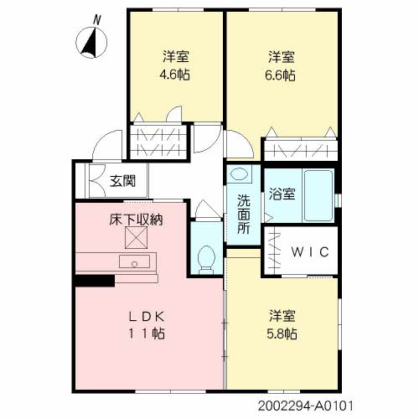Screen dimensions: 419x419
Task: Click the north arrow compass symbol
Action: pyautogui.click(x=91, y=43)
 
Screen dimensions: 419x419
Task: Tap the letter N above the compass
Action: pyautogui.click(x=97, y=20)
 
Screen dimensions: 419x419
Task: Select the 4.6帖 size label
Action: pyautogui.click(x=175, y=75)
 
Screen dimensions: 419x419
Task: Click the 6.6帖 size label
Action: pyautogui.click(x=280, y=75)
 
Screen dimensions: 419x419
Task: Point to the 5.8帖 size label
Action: pyautogui.click(x=282, y=334)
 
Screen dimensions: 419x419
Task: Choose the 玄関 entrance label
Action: pyautogui.click(x=122, y=181)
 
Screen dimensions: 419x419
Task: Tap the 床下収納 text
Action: pyautogui.click(x=136, y=220)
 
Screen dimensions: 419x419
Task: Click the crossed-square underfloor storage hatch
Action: pyautogui.click(x=136, y=237)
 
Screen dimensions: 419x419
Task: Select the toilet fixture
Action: pyautogui.click(x=206, y=260)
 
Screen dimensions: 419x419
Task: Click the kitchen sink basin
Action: pyautogui.click(x=134, y=261)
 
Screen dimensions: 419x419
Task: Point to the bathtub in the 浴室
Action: pyautogui.click(x=318, y=195)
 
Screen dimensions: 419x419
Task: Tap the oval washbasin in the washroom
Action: pyautogui.click(x=239, y=173)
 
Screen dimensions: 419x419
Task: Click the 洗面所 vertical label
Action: pyautogui.click(x=244, y=214)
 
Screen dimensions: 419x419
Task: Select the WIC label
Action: pyautogui.click(x=310, y=252)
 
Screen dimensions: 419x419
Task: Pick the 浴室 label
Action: pyautogui.click(x=282, y=194)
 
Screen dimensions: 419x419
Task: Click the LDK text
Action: pyautogui.click(x=147, y=317)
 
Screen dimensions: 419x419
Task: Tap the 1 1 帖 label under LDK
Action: pyautogui.click(x=147, y=334)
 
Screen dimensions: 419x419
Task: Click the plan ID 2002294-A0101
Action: pyautogui.click(x=306, y=406)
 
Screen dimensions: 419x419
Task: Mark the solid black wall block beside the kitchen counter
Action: pyautogui.click(x=95, y=281)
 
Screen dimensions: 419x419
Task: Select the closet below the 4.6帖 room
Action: pyautogui.click(x=158, y=142)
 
